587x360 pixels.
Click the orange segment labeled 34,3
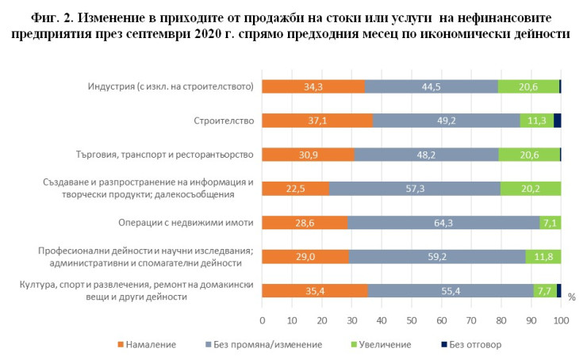[313, 86]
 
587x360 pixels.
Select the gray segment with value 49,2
[447, 121]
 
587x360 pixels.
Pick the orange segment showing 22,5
[295, 188]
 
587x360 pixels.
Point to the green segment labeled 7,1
[550, 222]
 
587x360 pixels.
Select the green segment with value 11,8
[543, 256]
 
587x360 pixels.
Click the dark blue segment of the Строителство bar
[557, 121]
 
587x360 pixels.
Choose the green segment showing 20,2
[531, 188]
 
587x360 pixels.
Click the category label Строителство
[223, 121]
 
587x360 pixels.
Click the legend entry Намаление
[147, 345]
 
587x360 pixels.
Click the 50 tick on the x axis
[412, 320]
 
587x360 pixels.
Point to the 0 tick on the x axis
[263, 320]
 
